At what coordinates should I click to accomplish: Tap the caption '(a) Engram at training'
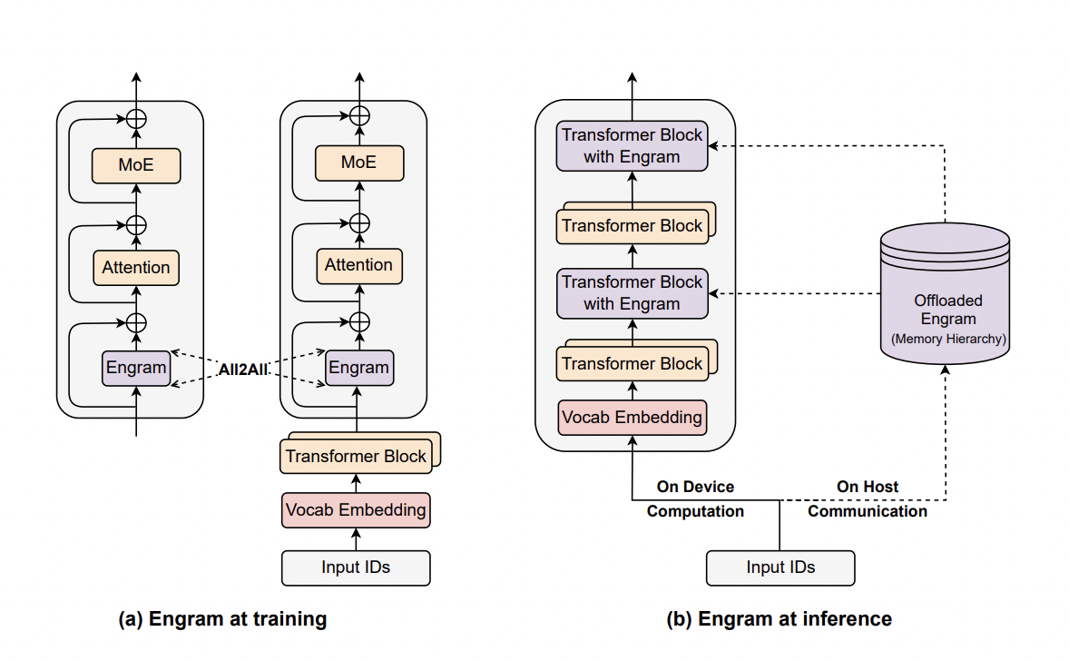pos(222,619)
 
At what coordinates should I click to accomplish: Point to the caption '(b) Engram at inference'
pos(780,619)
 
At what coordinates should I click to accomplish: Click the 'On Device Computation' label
pos(695,499)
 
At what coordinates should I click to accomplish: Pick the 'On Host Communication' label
pos(868,499)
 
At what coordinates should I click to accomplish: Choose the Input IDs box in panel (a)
pos(356,567)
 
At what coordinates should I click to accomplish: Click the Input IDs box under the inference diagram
pos(780,567)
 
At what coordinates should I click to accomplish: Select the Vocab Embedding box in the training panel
pos(356,509)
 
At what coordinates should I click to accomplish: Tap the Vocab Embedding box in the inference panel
pos(632,418)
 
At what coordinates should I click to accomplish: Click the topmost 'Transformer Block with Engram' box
pos(632,145)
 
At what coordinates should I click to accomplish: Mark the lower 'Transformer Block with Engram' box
pos(632,292)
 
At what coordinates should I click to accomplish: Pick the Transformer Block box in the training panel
pos(356,456)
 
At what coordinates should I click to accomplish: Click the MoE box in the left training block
pos(136,165)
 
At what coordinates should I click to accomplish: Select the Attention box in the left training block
pos(136,268)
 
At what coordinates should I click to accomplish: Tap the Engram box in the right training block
pos(358,368)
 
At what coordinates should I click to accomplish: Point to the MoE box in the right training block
pos(358,163)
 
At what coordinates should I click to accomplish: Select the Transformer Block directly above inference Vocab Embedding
pos(632,364)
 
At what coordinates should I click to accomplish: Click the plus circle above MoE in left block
pos(136,118)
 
